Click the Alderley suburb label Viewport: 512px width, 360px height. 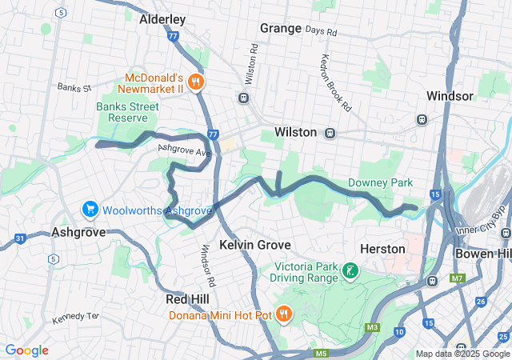coord(162,18)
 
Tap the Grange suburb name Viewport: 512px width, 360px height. coord(280,29)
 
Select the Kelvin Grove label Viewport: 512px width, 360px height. coord(254,244)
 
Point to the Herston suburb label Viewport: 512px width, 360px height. coord(383,249)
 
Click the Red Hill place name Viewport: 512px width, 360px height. coord(187,298)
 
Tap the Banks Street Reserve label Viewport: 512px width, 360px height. coord(129,111)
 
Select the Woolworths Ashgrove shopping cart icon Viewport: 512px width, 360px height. coord(90,210)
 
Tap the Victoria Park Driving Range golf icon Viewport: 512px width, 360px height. coord(350,271)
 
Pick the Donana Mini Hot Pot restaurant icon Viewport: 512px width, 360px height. coord(283,314)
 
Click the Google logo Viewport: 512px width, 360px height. coord(26,350)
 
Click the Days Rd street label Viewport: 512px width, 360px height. coord(322,31)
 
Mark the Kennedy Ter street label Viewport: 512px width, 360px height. coord(75,317)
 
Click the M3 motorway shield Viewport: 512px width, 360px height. coord(373,327)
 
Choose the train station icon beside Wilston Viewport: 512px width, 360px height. coord(330,133)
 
